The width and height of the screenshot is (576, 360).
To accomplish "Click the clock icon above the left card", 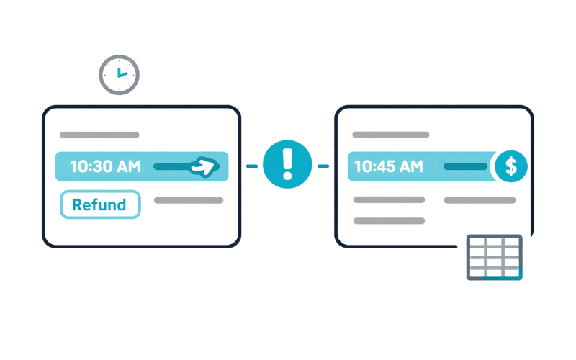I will [x=119, y=75].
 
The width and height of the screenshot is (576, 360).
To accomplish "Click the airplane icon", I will [x=204, y=167].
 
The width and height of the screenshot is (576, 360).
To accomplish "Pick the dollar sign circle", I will [x=511, y=166].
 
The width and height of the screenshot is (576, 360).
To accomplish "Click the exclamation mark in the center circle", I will [x=287, y=165].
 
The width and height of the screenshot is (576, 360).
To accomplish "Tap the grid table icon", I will [x=493, y=257].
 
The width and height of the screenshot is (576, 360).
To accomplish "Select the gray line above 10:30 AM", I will [x=99, y=135].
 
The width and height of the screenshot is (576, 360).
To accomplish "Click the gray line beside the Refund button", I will [x=189, y=200].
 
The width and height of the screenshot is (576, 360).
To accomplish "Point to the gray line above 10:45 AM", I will [x=390, y=135].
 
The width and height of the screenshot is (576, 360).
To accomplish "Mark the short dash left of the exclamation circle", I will [x=252, y=166].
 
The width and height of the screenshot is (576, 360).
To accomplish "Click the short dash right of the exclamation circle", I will [x=323, y=166].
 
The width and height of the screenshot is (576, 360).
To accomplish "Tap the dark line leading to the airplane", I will [x=172, y=166].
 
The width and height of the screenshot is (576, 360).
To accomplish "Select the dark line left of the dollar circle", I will [x=464, y=166].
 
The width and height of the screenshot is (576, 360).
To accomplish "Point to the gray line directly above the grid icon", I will [x=480, y=200].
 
